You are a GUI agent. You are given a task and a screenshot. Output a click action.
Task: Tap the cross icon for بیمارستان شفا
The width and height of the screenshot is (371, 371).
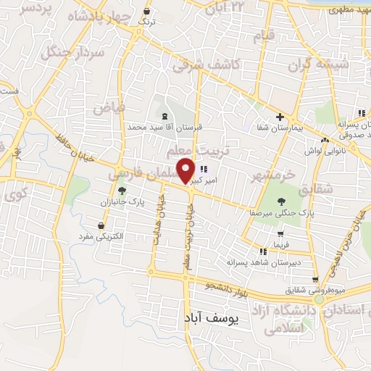point(280,117)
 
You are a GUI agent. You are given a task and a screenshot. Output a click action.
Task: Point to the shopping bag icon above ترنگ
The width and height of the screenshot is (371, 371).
point(148,12)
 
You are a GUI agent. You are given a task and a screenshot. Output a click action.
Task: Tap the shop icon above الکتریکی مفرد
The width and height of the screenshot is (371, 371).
point(101,225)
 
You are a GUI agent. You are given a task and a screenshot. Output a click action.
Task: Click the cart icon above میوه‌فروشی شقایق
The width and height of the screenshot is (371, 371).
point(314,279)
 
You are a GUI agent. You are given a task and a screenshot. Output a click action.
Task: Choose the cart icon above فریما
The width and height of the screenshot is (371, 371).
point(278,225)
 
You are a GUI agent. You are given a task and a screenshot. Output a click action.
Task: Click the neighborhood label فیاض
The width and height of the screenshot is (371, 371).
point(109,107)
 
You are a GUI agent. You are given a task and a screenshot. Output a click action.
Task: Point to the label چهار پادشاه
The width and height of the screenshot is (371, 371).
point(101,17)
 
